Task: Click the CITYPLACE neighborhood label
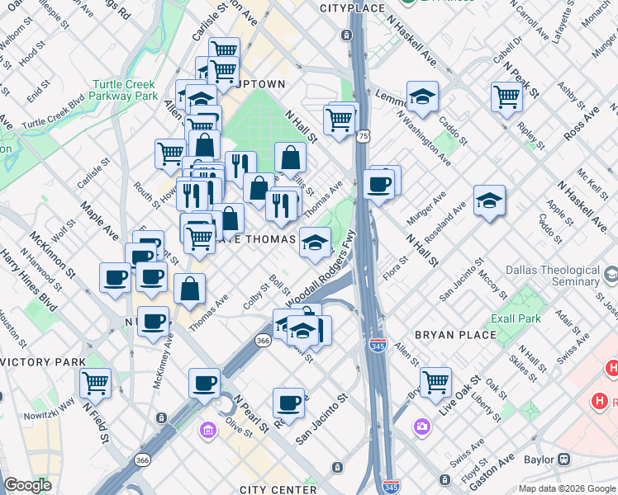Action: click(x=352, y=8)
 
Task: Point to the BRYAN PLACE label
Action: click(x=455, y=335)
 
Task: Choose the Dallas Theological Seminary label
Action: click(x=552, y=276)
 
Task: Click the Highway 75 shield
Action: click(x=364, y=134)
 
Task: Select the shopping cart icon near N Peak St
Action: click(x=506, y=96)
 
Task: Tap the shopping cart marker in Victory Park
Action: click(x=95, y=383)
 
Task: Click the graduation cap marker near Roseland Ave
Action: click(x=489, y=200)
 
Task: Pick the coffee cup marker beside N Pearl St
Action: click(x=204, y=383)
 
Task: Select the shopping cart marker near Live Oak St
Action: click(x=435, y=382)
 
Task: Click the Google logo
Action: click(x=28, y=485)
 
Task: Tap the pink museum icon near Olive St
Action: click(x=207, y=430)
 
